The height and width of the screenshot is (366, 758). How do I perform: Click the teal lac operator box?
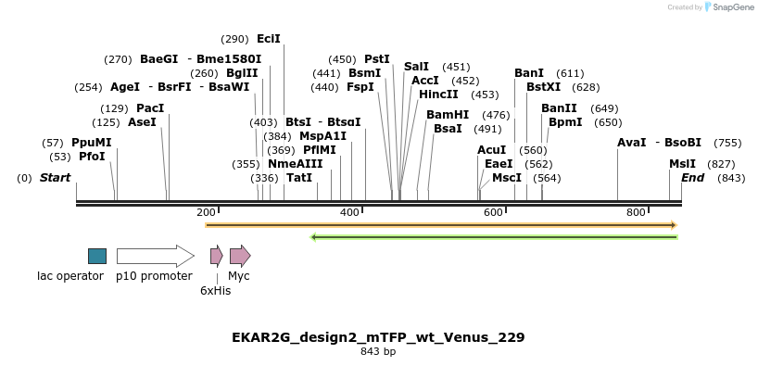tap(97, 256)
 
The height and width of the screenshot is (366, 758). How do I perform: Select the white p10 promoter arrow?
tap(155, 256)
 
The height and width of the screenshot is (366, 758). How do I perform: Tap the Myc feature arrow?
tap(240, 256)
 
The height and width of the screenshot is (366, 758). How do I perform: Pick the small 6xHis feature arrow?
tap(216, 256)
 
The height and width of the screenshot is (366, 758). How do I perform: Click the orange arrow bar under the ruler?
tap(441, 225)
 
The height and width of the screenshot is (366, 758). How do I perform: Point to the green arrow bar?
tap(494, 237)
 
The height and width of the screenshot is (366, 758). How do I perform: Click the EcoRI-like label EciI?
tap(269, 39)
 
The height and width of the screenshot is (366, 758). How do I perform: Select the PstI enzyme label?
tap(376, 59)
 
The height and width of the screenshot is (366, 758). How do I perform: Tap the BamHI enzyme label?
tap(448, 115)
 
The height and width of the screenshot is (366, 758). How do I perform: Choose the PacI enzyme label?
tap(150, 108)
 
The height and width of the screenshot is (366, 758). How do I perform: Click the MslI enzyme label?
tap(682, 164)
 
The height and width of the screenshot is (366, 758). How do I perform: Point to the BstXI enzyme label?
tap(543, 87)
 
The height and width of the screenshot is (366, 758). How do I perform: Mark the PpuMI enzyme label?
tap(91, 143)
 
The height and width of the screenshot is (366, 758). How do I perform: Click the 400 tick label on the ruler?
tap(349, 213)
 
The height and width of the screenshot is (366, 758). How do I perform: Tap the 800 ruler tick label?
tap(636, 213)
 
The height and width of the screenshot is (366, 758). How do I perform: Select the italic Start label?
tap(55, 178)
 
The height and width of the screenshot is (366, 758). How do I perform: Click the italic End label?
tap(692, 178)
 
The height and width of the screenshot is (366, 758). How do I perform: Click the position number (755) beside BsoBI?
tap(727, 143)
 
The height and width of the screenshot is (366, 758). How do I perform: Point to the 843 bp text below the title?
tap(378, 352)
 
